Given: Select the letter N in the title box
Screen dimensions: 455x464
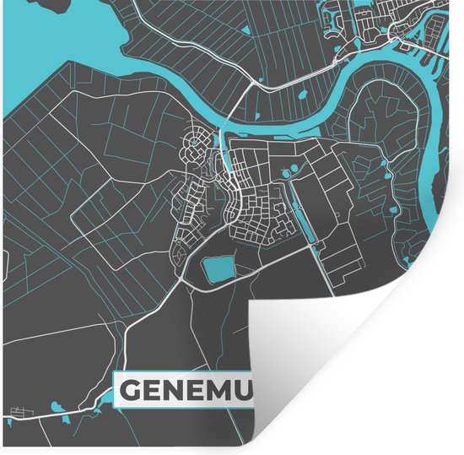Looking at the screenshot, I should pyautogui.click(x=181, y=390).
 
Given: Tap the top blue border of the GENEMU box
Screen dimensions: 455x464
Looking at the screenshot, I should pyautogui.click(x=186, y=372).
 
